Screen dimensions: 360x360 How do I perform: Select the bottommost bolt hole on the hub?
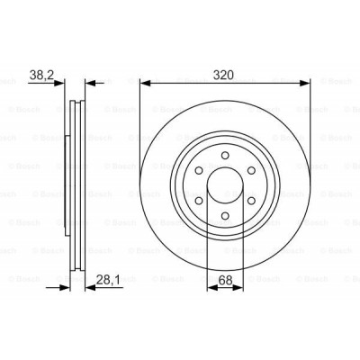[x=225, y=214]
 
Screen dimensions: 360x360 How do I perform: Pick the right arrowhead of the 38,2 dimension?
[x=88, y=86]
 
